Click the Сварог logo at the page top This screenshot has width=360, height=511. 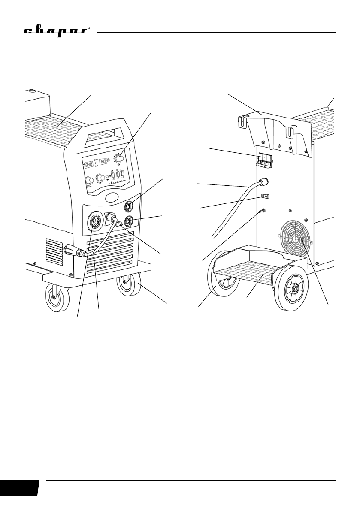(x=56, y=32)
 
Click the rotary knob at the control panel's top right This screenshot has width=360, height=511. (x=119, y=159)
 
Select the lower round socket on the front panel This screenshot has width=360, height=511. (x=127, y=222)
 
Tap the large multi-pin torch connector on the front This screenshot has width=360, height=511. (x=94, y=222)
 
